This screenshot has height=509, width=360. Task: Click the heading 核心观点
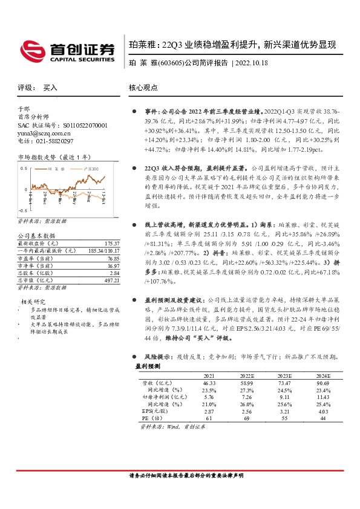click(x=143, y=88)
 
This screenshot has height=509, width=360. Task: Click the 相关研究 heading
click(x=34, y=301)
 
